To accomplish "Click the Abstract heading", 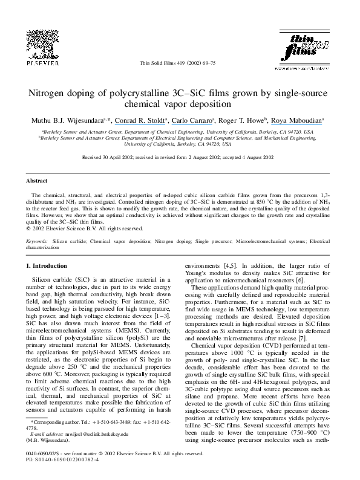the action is [38, 180].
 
